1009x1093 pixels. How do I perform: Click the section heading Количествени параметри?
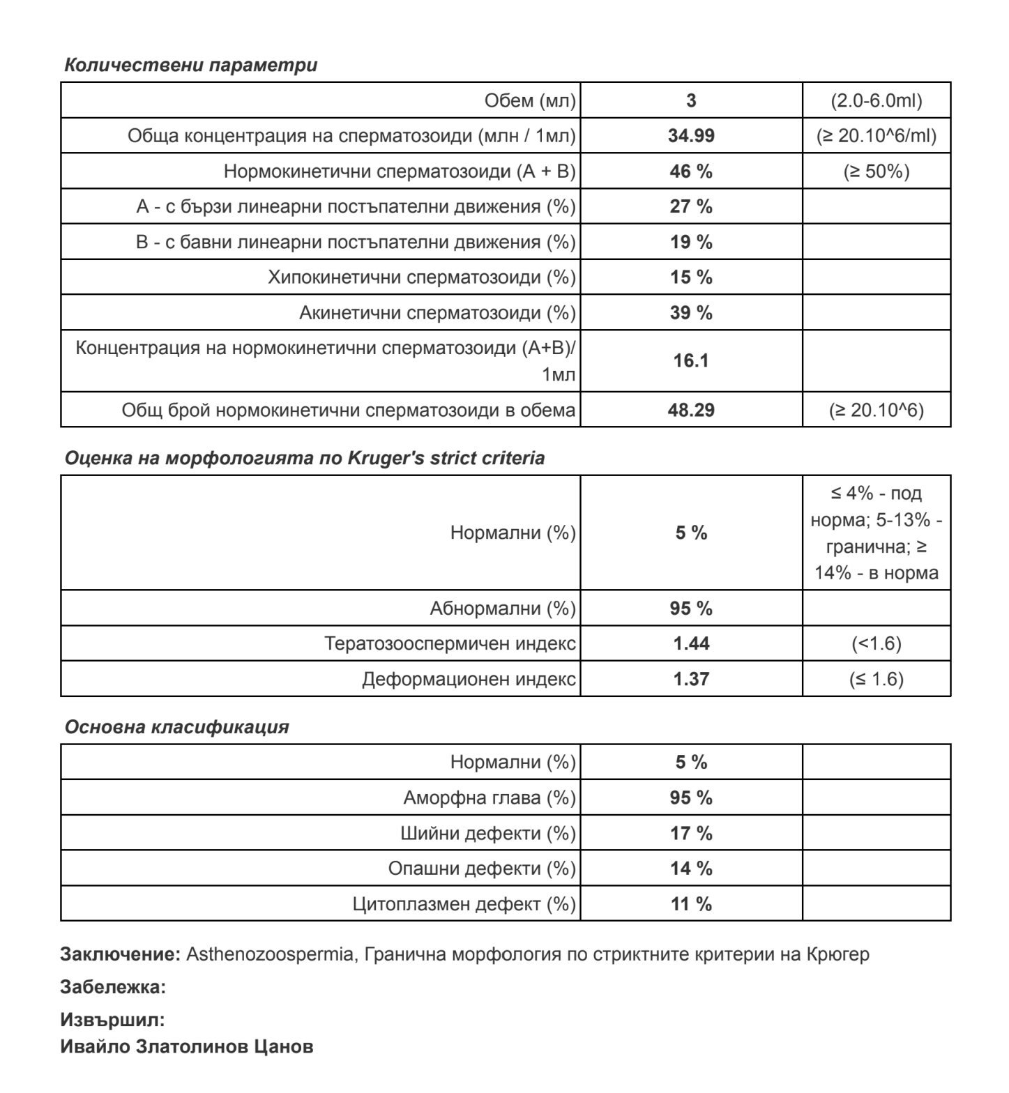(x=190, y=65)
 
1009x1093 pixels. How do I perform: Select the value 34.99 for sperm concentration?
(x=691, y=136)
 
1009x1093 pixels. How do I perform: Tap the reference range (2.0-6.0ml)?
(x=876, y=100)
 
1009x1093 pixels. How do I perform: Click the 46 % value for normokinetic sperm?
(x=691, y=171)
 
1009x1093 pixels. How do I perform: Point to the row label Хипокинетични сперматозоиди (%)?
(x=422, y=277)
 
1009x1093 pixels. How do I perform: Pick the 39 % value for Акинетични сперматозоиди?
(x=691, y=313)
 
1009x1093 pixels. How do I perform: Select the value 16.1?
(x=691, y=360)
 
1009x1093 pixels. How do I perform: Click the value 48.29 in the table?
(x=691, y=410)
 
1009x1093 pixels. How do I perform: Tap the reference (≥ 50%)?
(x=876, y=171)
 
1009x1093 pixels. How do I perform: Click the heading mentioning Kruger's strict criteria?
(x=305, y=458)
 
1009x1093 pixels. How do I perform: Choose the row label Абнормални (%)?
(x=503, y=609)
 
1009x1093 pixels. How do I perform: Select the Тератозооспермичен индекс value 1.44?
(x=691, y=643)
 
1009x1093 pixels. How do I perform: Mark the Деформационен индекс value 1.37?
(x=691, y=679)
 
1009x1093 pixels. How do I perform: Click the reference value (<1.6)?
(x=876, y=643)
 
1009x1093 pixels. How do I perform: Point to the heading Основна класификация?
(x=176, y=726)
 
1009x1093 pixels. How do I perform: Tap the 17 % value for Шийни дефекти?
(x=691, y=833)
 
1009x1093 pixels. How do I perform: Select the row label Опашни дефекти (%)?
(x=482, y=869)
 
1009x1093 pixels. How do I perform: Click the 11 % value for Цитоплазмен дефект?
(x=691, y=904)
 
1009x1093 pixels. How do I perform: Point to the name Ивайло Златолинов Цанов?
(x=186, y=1046)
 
